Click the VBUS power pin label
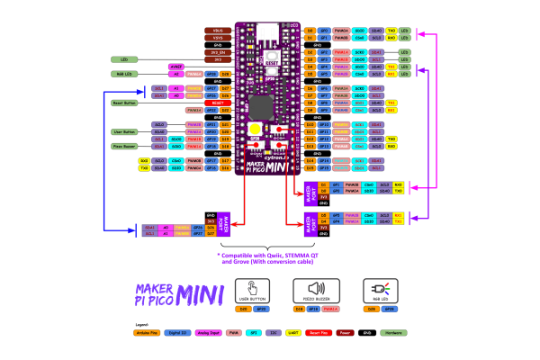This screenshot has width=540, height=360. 217,31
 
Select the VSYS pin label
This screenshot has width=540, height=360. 217,38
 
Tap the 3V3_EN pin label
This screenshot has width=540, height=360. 217,53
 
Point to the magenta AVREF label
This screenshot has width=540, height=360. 177,67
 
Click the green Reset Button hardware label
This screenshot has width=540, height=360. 124,103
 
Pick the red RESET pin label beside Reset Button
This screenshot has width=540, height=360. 217,103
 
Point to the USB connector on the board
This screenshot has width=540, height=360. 268,32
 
